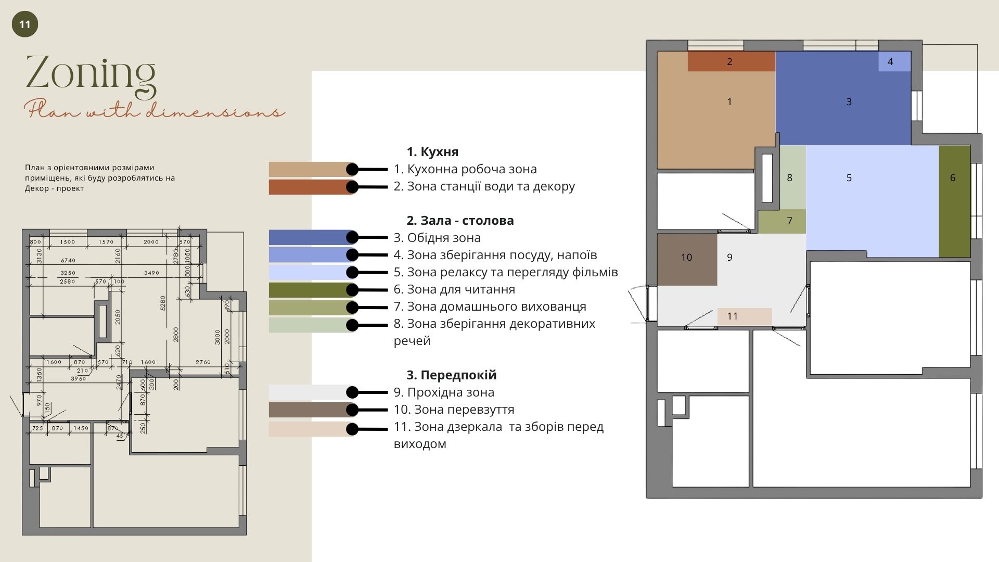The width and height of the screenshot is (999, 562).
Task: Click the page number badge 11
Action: (x=24, y=24)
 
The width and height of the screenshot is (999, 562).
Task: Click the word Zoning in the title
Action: (x=91, y=73)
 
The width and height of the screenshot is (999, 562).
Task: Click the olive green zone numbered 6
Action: (x=954, y=201)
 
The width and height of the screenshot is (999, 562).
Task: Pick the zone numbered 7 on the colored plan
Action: (x=782, y=221)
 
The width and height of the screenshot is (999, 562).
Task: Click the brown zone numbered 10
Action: (x=686, y=259)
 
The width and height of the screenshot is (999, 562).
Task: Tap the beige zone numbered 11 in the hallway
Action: (x=744, y=316)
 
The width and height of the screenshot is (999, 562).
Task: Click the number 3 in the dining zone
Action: (x=849, y=102)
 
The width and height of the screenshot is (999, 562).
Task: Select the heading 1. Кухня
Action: (x=432, y=152)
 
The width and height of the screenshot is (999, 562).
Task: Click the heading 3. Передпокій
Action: (x=451, y=375)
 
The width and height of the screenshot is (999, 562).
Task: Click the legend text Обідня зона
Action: (x=443, y=238)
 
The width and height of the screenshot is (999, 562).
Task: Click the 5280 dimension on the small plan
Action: (x=163, y=303)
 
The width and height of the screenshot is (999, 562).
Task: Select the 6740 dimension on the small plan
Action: (x=68, y=260)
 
